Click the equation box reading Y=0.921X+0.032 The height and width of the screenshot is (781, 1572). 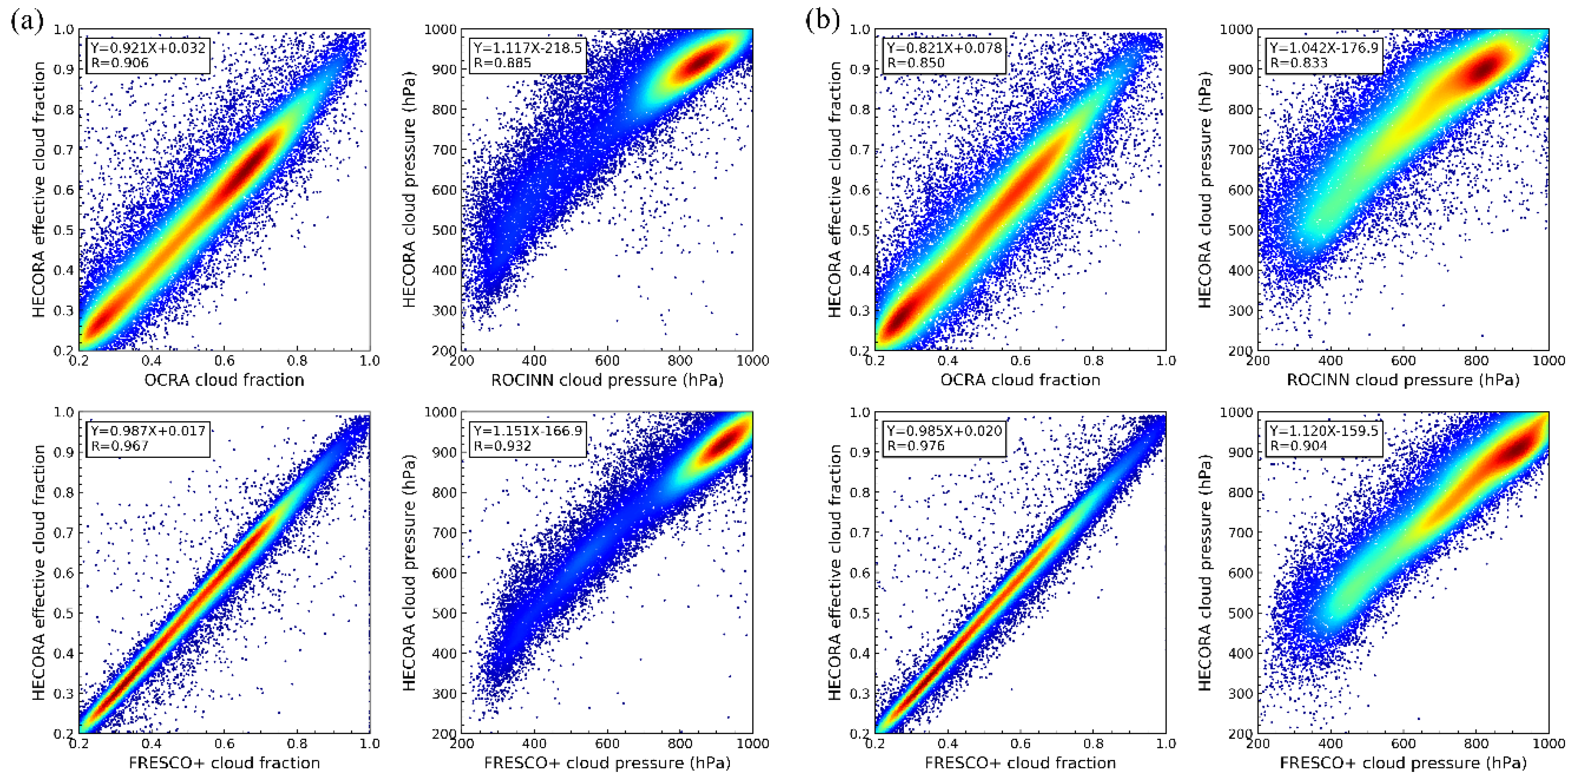(x=148, y=48)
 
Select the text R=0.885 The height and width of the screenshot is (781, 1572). (x=502, y=63)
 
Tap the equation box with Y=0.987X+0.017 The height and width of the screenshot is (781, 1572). (x=148, y=431)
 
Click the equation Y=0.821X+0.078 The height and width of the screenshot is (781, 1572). (x=944, y=48)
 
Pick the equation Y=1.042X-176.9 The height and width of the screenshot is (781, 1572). (x=1324, y=48)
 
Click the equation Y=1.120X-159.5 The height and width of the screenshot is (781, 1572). (x=1324, y=431)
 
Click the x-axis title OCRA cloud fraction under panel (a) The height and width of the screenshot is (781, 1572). (x=224, y=380)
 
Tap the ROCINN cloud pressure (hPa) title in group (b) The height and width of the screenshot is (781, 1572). (x=1403, y=380)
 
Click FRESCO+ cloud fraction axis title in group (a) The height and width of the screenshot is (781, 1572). (x=224, y=763)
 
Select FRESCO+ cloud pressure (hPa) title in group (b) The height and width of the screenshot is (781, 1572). (x=1403, y=763)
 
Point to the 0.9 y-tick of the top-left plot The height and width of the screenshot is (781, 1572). (x=64, y=69)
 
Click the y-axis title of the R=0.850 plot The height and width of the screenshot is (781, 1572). (x=835, y=189)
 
